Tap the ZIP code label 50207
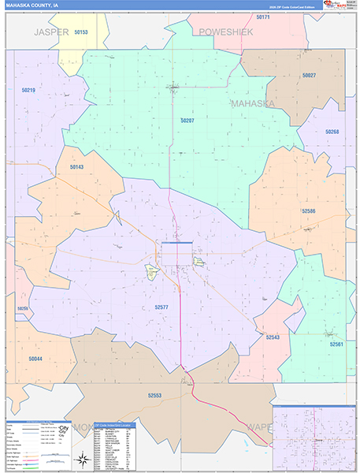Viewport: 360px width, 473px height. [x=187, y=121]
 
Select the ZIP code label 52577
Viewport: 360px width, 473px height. [x=161, y=307]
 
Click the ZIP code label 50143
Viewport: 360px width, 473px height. [x=76, y=167]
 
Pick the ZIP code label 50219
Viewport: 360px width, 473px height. [x=28, y=91]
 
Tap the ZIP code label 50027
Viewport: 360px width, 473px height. [x=308, y=76]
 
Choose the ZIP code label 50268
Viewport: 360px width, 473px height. [x=332, y=132]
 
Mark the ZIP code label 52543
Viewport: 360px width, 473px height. [x=273, y=337]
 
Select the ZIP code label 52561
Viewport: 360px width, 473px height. [x=336, y=345]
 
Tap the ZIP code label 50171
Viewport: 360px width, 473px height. [x=262, y=17]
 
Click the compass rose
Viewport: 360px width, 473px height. [x=81, y=458]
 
